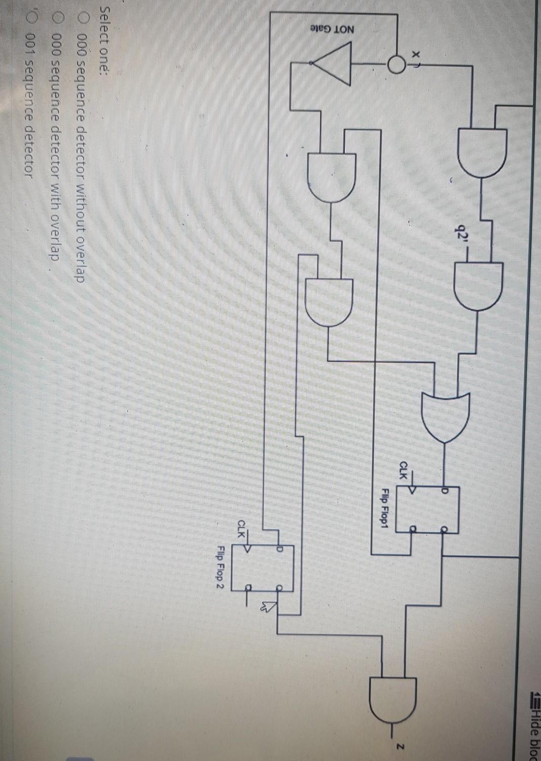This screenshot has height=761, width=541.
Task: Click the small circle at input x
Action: tap(397, 64)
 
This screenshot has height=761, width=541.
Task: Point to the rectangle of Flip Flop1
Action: tap(427, 510)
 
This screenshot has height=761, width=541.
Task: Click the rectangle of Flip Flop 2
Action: tap(262, 567)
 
